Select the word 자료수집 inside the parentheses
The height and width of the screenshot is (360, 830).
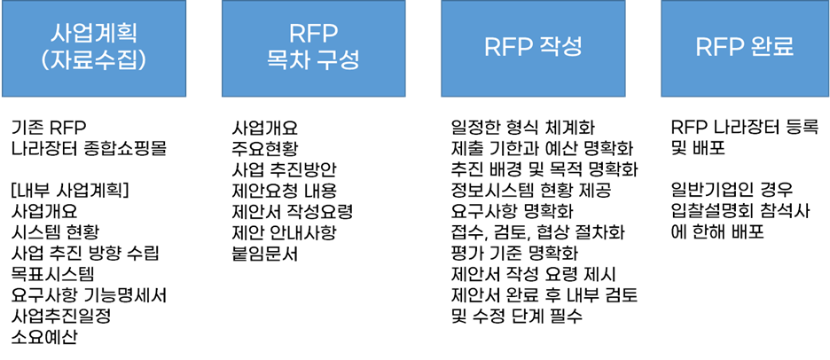(x=93, y=63)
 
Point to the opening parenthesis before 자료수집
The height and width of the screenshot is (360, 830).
(x=48, y=63)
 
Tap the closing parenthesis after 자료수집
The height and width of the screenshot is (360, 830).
(x=139, y=63)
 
